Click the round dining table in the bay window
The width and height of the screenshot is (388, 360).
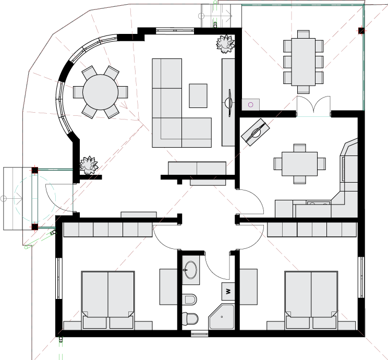pos(101,92)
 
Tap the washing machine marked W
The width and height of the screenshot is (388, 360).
pos(228,291)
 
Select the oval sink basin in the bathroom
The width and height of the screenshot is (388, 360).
pos(190,270)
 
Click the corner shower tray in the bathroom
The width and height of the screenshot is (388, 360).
pos(222,317)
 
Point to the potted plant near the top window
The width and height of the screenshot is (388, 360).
pos(225,44)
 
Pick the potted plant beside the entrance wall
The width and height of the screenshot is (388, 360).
pos(89,165)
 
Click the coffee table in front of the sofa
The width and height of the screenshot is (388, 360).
pos(198,95)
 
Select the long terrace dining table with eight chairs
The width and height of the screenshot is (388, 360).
pos(304,62)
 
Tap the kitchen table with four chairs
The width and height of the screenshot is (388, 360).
pos(299,164)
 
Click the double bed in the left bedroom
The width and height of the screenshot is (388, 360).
pos(108,300)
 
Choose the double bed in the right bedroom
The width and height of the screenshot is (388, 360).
pos(311,300)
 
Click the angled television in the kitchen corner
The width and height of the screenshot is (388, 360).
pos(256,132)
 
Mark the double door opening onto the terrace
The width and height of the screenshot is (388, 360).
pos(313,106)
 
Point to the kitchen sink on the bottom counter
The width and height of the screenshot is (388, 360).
pos(319,203)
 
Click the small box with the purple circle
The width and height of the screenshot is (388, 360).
pos(251,104)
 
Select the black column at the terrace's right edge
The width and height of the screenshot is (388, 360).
pos(361,31)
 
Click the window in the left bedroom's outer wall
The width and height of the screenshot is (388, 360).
pos(58,278)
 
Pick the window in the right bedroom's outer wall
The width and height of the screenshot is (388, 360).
pos(361,277)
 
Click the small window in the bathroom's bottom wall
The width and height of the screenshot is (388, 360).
pos(199,334)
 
